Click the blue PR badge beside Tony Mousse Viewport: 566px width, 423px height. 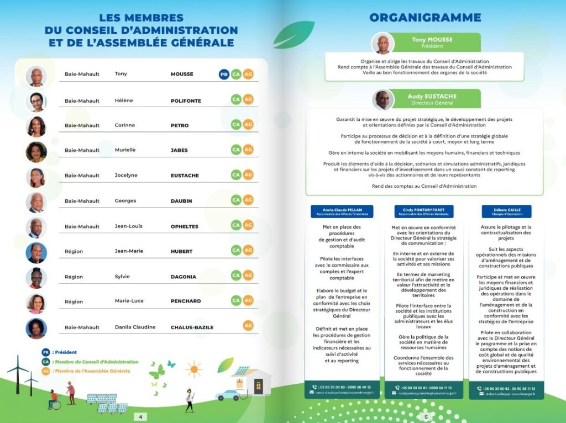(x=224, y=74)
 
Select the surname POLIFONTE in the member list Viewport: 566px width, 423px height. (x=186, y=101)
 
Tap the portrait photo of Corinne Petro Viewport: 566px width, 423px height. (x=36, y=126)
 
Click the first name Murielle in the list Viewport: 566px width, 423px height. (x=125, y=150)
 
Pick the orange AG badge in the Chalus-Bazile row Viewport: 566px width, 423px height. (x=248, y=326)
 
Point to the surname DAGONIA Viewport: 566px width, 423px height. (x=183, y=277)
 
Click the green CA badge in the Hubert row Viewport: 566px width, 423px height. (x=236, y=250)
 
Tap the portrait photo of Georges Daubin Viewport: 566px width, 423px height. (x=36, y=202)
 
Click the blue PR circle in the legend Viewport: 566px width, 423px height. (x=45, y=352)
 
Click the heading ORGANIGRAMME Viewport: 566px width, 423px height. (x=424, y=18)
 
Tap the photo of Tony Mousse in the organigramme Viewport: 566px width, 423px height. (x=382, y=44)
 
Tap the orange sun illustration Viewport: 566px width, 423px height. (x=193, y=368)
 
